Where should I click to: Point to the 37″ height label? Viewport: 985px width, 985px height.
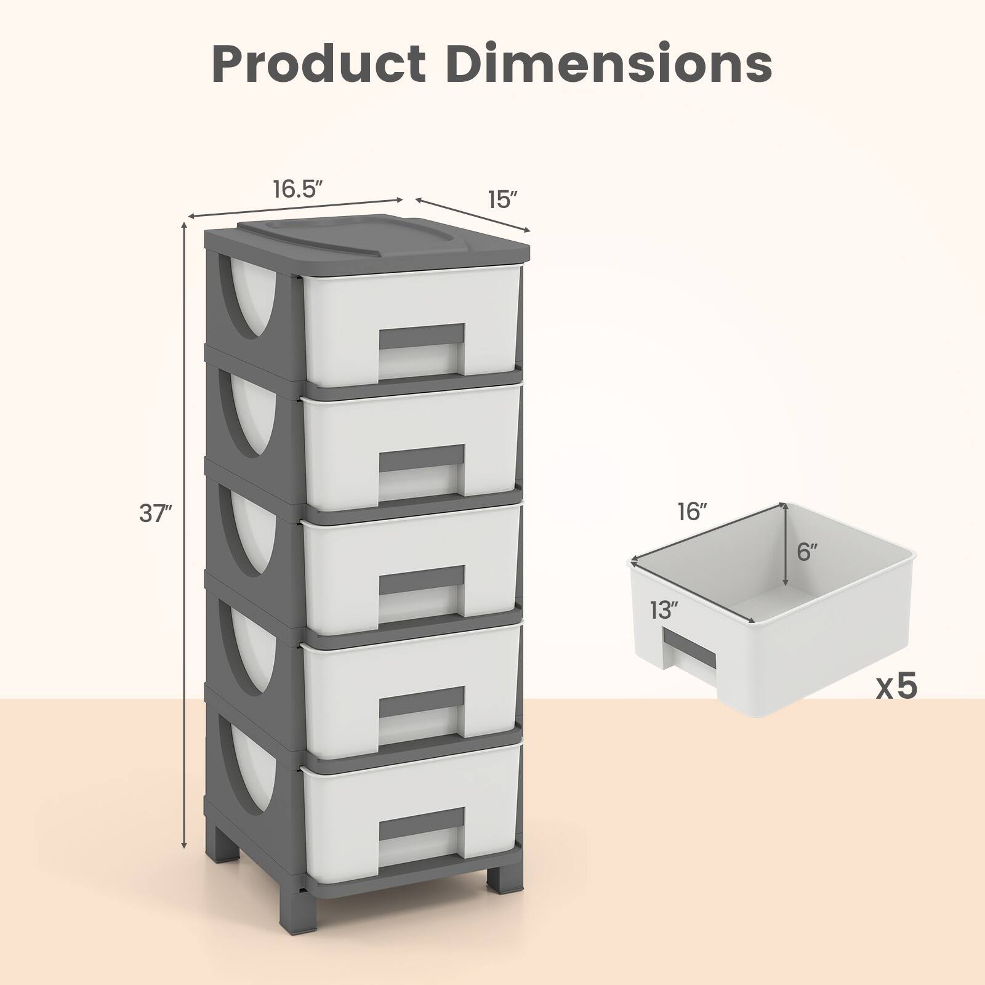155,513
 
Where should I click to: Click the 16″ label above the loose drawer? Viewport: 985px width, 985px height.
693,512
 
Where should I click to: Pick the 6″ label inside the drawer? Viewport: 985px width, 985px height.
807,552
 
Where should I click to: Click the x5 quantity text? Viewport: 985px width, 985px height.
897,686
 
